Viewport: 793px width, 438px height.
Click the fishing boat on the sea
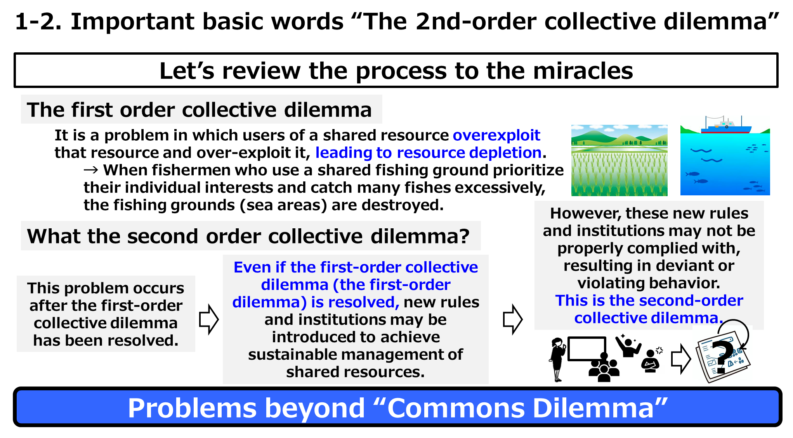click(x=725, y=127)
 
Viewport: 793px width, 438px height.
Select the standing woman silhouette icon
click(x=557, y=360)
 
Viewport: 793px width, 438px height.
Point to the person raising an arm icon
click(x=627, y=346)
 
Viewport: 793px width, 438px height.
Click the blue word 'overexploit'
click(x=496, y=135)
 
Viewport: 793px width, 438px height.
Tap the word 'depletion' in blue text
click(x=505, y=153)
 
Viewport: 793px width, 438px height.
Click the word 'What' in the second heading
click(x=53, y=236)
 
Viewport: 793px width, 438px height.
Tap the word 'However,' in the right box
click(x=586, y=213)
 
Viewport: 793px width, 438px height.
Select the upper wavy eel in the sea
click(x=701, y=150)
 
